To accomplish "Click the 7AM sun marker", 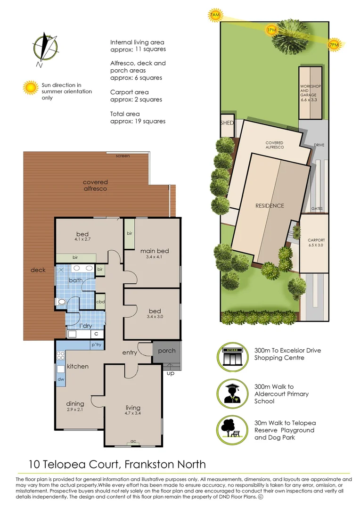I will (x=215, y=16).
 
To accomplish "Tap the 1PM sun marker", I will (x=271, y=30).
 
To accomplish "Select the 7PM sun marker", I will (x=333, y=45).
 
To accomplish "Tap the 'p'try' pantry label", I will (x=97, y=345).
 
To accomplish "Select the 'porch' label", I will (x=166, y=351).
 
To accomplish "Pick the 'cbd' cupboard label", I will (x=100, y=302).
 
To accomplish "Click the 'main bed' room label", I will (x=155, y=251).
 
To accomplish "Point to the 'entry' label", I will (x=130, y=353).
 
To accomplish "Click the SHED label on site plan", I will (x=227, y=123).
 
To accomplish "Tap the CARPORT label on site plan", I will (x=316, y=240).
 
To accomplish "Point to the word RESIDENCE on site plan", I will (x=270, y=205).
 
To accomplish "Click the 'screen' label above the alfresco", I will (x=123, y=156).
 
